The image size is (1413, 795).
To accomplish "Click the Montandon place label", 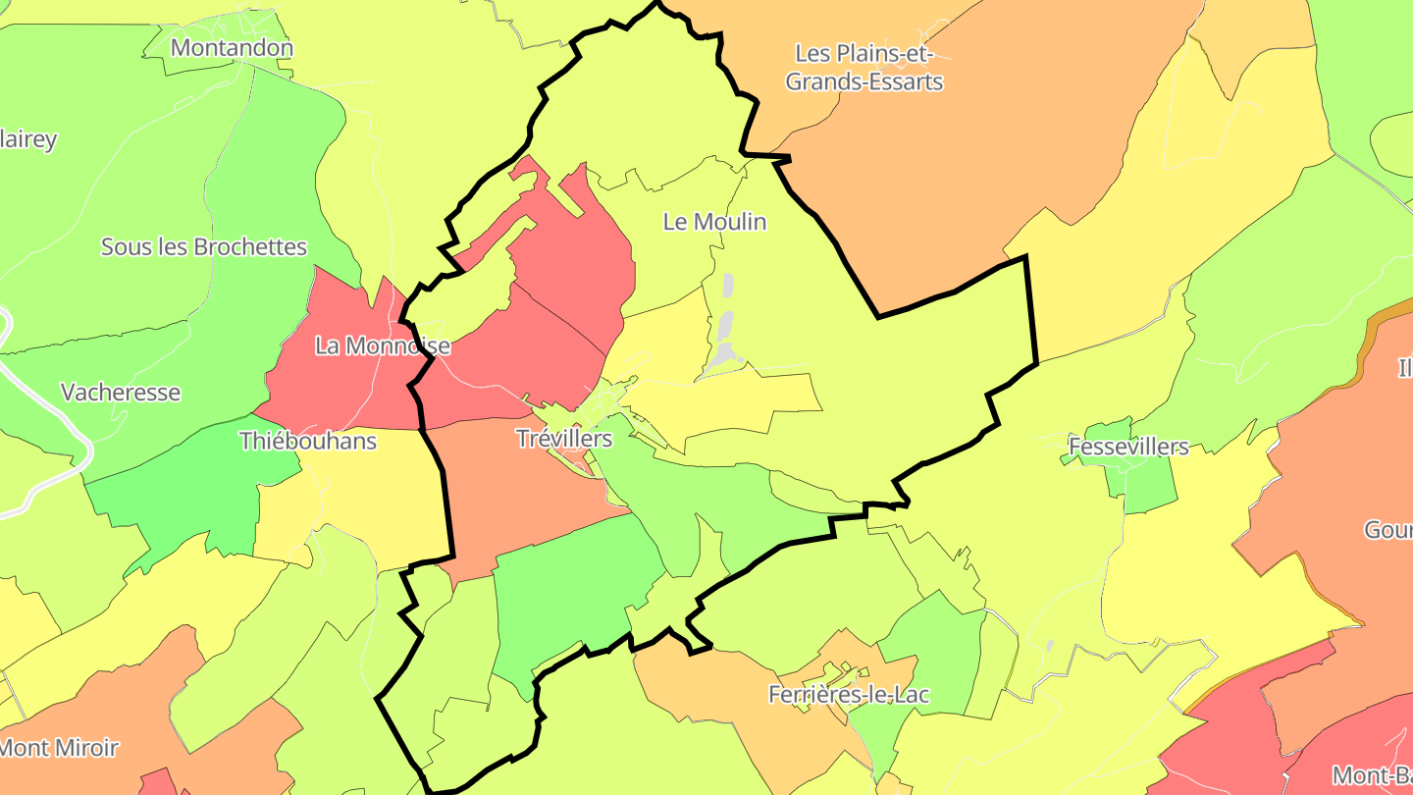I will click(x=232, y=47).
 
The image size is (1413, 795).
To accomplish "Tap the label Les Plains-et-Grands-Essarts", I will click(x=863, y=67).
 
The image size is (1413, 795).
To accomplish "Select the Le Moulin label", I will click(x=714, y=222).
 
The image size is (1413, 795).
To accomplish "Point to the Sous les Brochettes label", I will click(x=204, y=246).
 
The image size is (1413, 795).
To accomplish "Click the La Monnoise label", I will click(x=383, y=345).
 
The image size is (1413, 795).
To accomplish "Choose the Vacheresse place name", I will click(x=121, y=393).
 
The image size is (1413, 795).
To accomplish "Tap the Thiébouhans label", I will click(x=308, y=441).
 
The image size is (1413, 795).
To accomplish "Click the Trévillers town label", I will click(x=564, y=439).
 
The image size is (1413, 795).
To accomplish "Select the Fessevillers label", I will click(x=1128, y=448).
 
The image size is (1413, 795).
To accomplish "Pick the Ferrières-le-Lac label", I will click(x=849, y=695).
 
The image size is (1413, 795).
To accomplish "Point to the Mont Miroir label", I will click(x=59, y=748).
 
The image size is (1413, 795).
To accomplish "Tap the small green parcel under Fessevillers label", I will click(x=1148, y=486).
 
